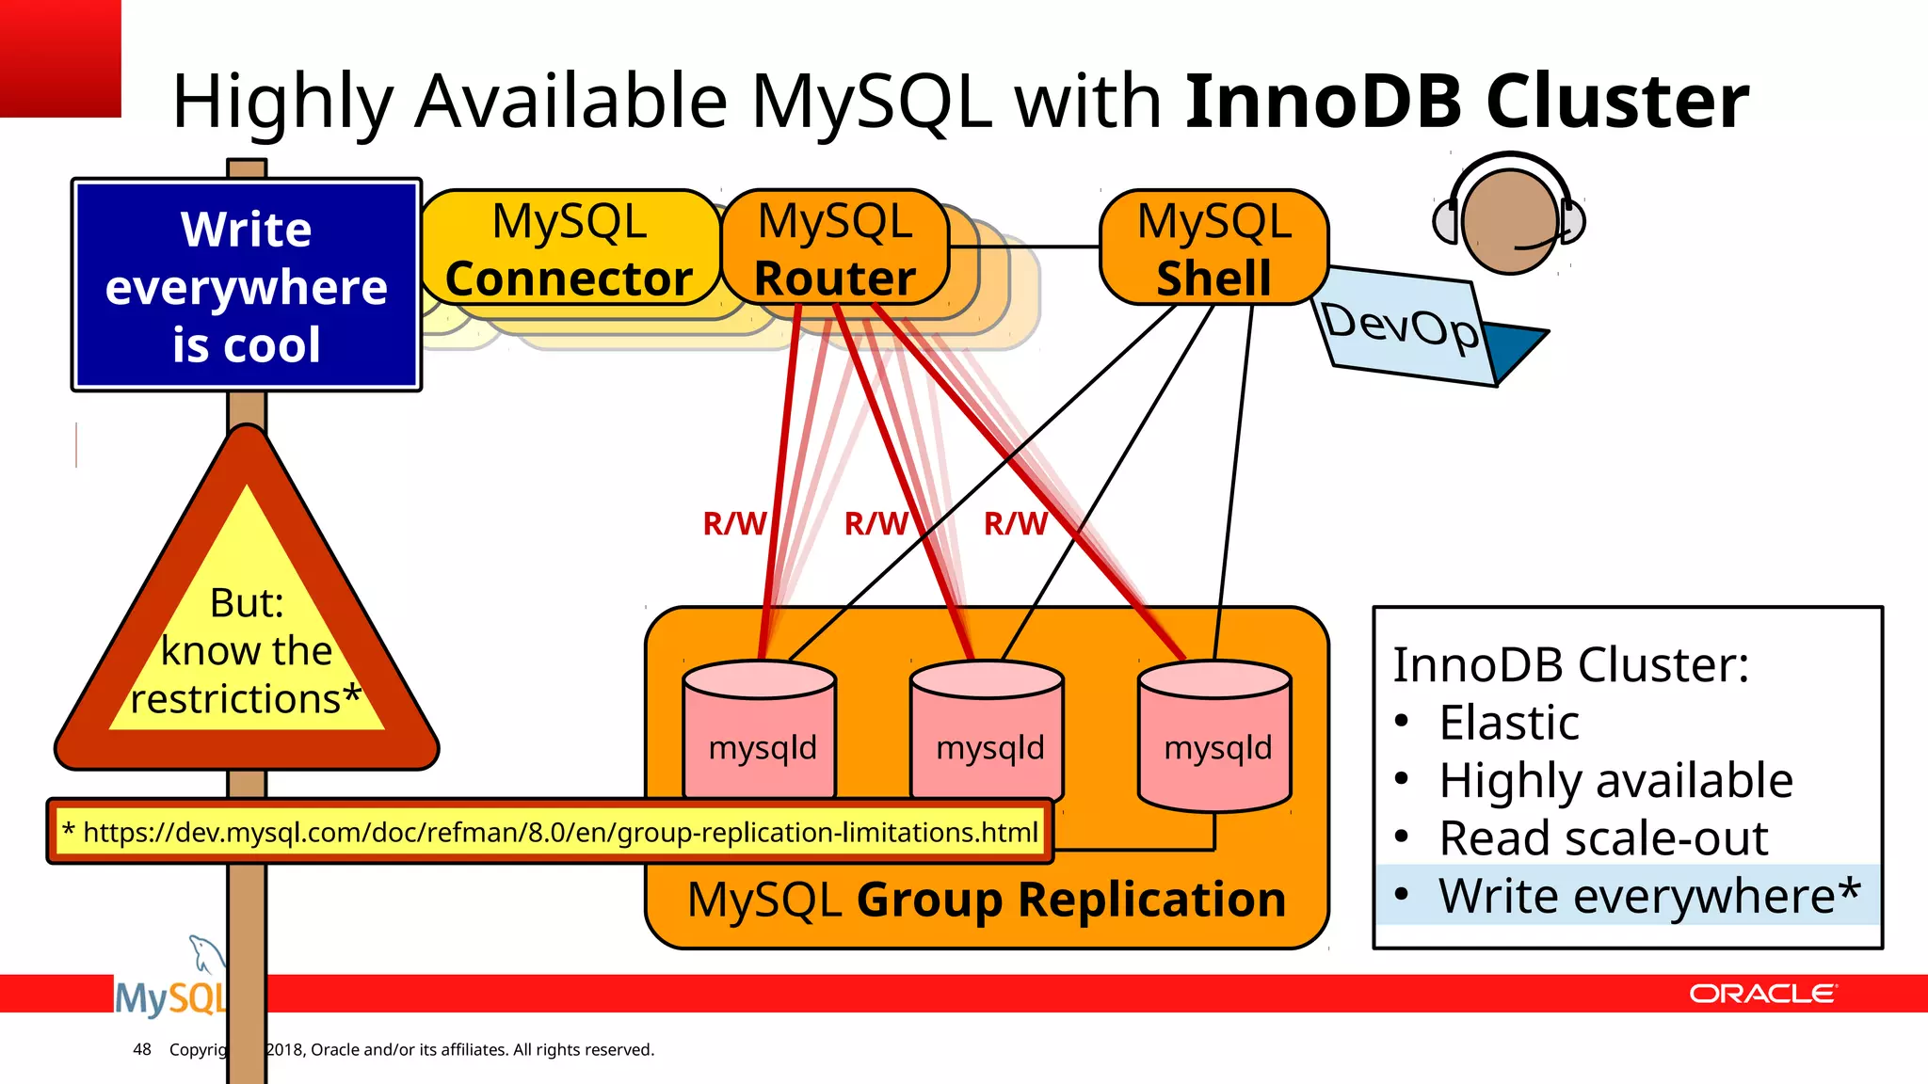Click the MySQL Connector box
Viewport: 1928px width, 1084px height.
pos(570,249)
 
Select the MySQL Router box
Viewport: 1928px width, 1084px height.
pos(835,249)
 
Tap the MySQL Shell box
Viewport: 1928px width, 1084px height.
pos(1213,249)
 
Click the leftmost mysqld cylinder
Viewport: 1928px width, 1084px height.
pos(761,734)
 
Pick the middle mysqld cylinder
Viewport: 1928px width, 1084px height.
pos(988,734)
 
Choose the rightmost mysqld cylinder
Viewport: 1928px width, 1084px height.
pos(1215,734)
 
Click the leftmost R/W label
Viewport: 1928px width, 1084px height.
pos(734,523)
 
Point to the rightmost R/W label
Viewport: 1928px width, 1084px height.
pos(1015,523)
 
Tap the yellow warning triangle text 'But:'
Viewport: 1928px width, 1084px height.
pos(247,603)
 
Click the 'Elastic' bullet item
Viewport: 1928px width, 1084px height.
pos(1509,723)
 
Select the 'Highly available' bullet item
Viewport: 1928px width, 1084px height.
pos(1615,780)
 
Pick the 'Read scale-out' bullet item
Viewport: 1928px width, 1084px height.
pos(1603,837)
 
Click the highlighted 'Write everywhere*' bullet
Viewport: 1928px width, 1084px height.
pos(1647,895)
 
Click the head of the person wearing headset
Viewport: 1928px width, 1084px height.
pos(1509,221)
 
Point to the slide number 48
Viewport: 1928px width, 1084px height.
pos(142,1049)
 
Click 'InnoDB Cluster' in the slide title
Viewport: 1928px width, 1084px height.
pos(1466,101)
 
